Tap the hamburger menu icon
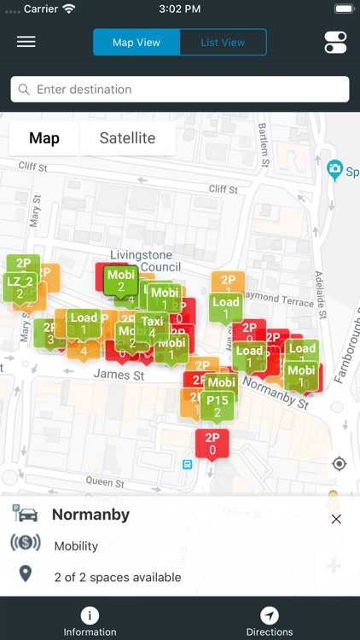click(x=26, y=42)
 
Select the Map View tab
click(x=136, y=42)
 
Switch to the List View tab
click(x=223, y=42)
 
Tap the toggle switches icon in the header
click(x=335, y=42)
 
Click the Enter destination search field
click(x=180, y=90)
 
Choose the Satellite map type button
click(x=127, y=138)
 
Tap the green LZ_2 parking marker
click(x=20, y=285)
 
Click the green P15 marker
click(x=218, y=404)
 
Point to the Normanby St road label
click(x=275, y=392)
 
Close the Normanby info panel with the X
click(x=336, y=519)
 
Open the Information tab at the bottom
click(x=90, y=621)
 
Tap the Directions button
click(x=270, y=621)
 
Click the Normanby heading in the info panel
click(x=90, y=515)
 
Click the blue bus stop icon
click(x=187, y=464)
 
